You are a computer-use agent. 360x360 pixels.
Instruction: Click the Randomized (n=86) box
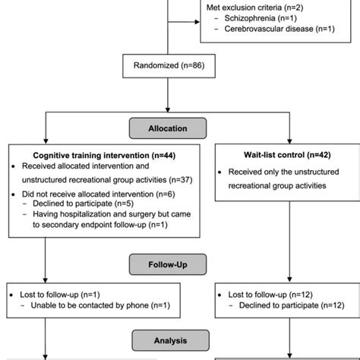(168, 66)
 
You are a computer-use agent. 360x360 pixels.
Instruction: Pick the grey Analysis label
(168, 341)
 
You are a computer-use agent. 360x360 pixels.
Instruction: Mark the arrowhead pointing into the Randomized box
(168, 52)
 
